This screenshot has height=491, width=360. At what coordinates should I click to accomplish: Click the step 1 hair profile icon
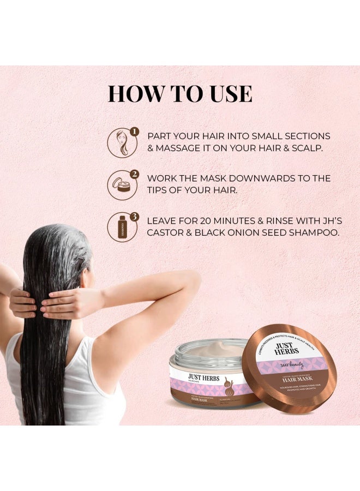point(119,143)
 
